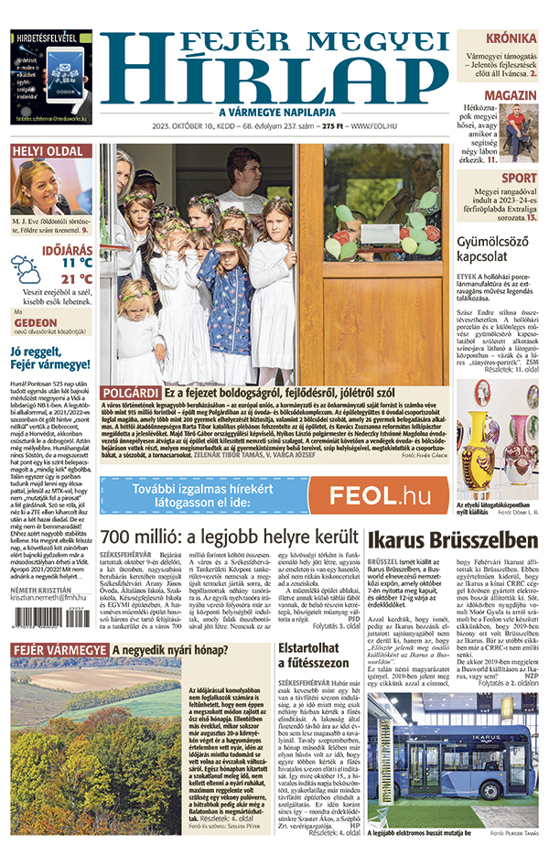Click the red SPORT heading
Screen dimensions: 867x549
pyautogui.click(x=519, y=179)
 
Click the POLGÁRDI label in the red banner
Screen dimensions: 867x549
pyautogui.click(x=130, y=391)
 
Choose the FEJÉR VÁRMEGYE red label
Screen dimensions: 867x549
pyautogui.click(x=59, y=652)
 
